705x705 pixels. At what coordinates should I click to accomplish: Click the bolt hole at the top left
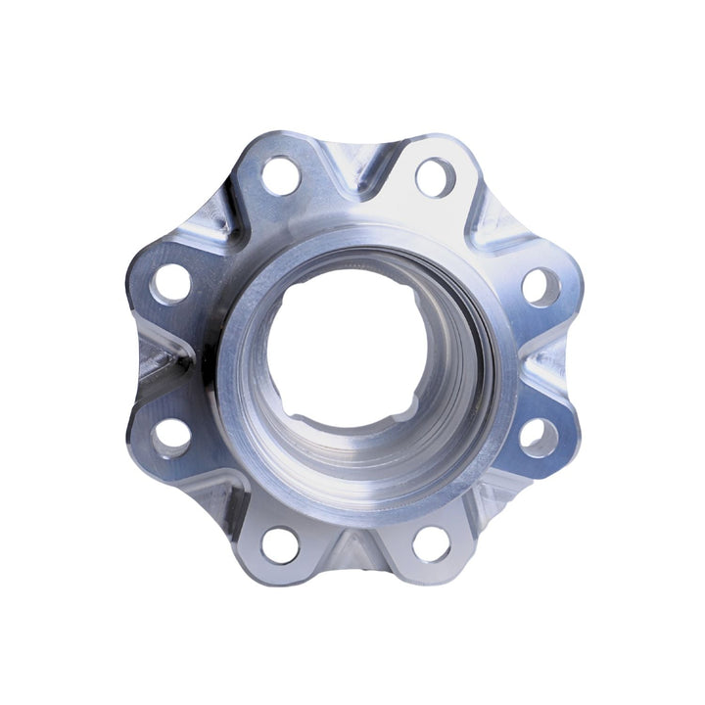(x=281, y=175)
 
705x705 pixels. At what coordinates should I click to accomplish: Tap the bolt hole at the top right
(x=434, y=177)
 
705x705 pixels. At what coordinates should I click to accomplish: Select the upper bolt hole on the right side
(x=540, y=286)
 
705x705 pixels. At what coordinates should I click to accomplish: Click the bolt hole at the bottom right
(x=431, y=544)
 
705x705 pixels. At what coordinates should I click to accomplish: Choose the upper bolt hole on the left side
(x=172, y=284)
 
